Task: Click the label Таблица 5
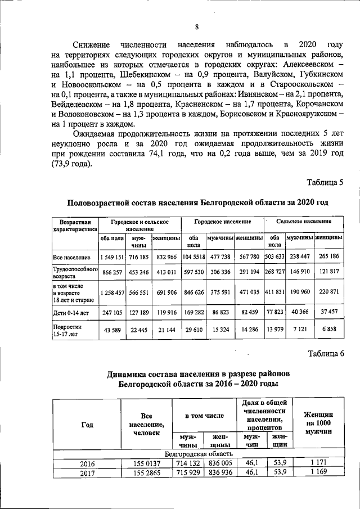click(324, 182)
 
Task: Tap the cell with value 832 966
click(166, 257)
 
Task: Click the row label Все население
click(70, 257)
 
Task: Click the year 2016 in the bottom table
click(87, 463)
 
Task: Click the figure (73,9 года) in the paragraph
click(75, 164)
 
